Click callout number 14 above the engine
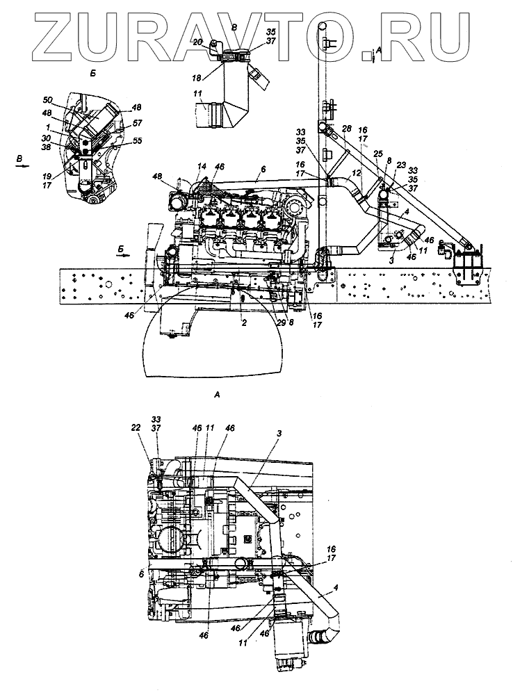(202, 166)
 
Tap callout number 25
(378, 153)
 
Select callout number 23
(401, 165)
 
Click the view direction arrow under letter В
(22, 167)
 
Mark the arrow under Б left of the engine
(122, 256)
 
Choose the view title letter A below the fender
(217, 394)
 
